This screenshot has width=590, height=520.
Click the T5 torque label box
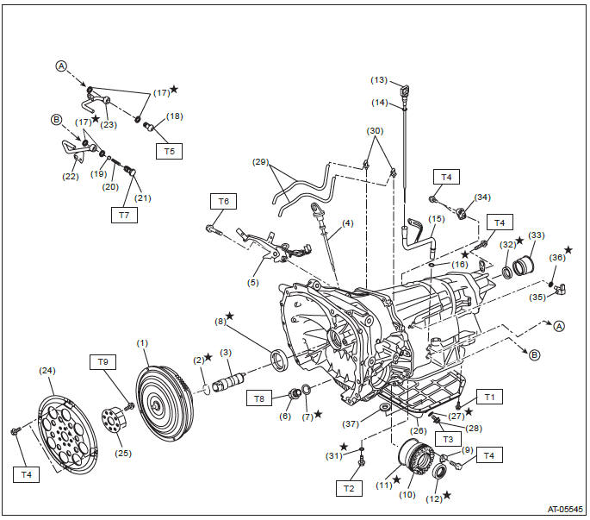click(x=170, y=151)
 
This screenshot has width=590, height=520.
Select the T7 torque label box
click(x=124, y=216)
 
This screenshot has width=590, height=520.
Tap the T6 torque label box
click(x=223, y=201)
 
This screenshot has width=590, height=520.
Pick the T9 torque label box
click(x=102, y=361)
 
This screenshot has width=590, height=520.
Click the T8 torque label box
click(x=259, y=398)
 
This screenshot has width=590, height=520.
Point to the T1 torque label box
click(x=489, y=397)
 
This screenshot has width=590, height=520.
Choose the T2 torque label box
click(x=349, y=488)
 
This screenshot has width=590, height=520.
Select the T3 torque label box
click(x=448, y=439)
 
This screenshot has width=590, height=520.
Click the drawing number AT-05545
click(x=565, y=509)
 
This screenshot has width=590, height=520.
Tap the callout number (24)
click(x=47, y=371)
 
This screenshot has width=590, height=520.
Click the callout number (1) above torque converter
click(x=142, y=343)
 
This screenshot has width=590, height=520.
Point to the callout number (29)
click(x=260, y=162)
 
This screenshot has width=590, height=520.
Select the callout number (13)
click(x=379, y=80)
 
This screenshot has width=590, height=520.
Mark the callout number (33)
click(x=537, y=235)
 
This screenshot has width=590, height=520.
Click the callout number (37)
click(x=351, y=424)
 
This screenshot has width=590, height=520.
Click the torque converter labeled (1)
click(x=165, y=404)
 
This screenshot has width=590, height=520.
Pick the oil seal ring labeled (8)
click(x=280, y=360)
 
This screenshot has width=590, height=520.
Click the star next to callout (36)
click(x=568, y=250)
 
